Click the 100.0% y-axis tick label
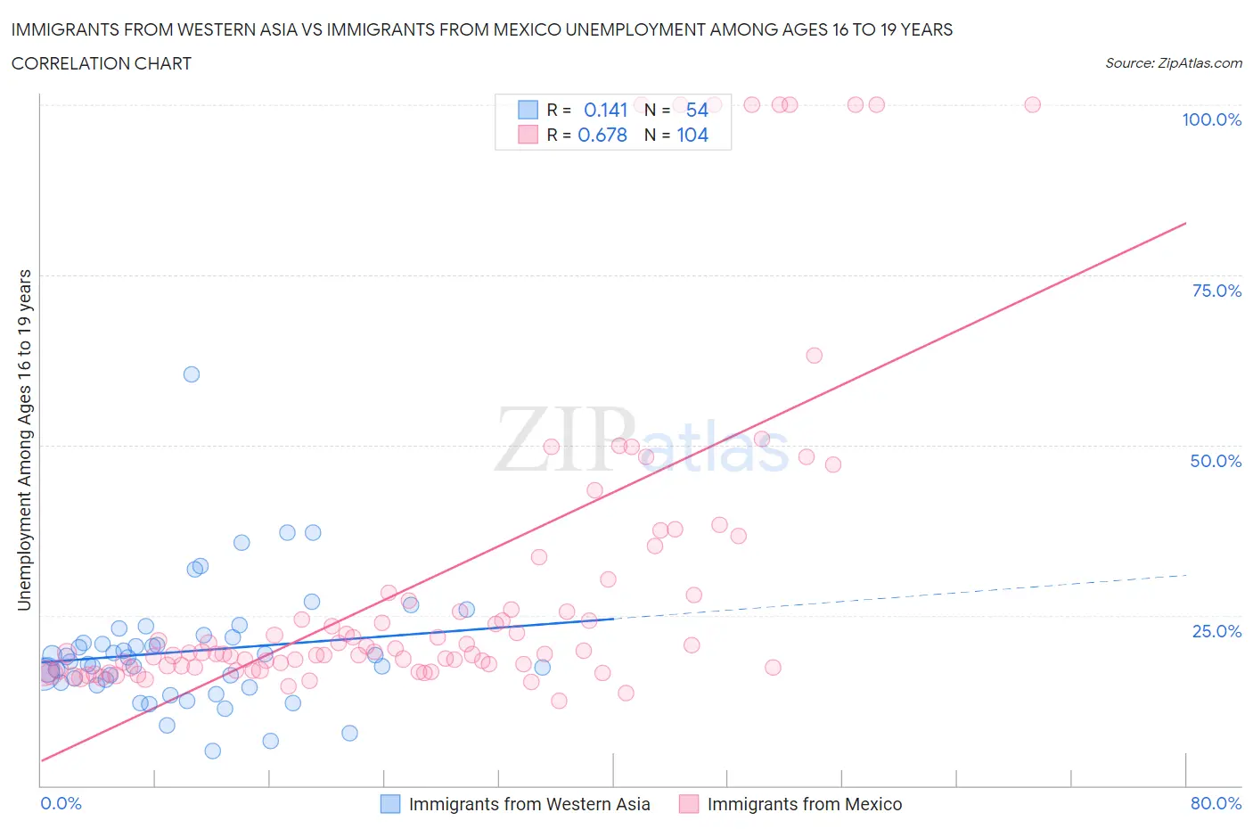tap(1211, 119)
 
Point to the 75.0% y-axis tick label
tap(1216, 291)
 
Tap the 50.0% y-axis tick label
tap(1216, 461)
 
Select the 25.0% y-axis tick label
tap(1216, 631)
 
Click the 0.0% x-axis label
tap(61, 803)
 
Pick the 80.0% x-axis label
tap(1216, 803)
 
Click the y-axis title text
tap(24, 440)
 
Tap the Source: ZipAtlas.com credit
tap(1173, 63)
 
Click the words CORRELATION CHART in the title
tap(102, 63)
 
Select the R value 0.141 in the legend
tap(606, 110)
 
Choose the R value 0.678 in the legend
tap(602, 135)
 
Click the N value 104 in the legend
tap(692, 135)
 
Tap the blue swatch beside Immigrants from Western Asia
tap(390, 804)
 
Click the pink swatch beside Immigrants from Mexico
tap(689, 804)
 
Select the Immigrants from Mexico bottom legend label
tap(804, 804)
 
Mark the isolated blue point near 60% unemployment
tap(192, 374)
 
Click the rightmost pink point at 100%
tap(1032, 104)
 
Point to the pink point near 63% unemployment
tap(814, 356)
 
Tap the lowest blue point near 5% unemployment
tap(212, 751)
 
